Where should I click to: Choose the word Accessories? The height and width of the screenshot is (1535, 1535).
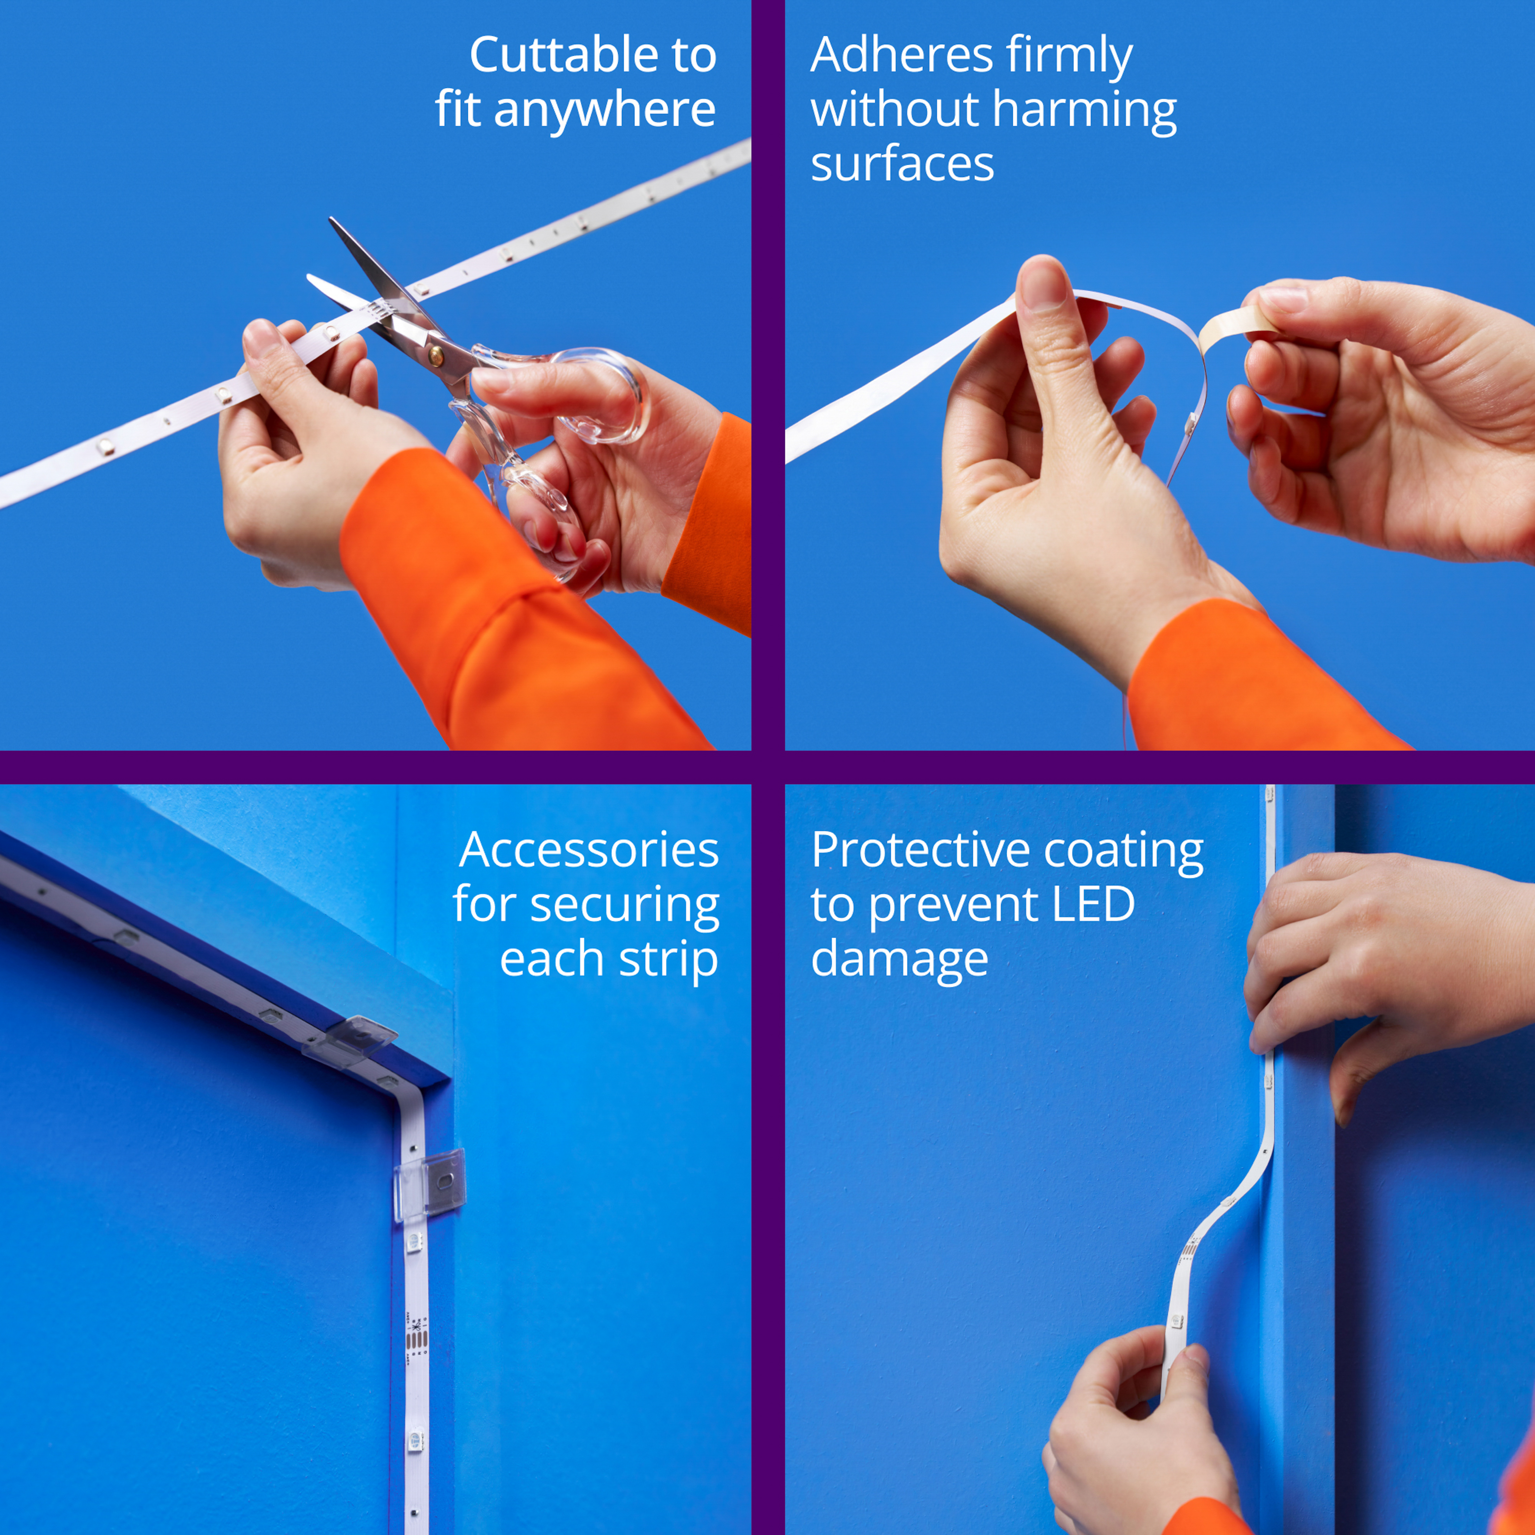coord(589,849)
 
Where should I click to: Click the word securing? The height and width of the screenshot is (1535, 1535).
coord(625,905)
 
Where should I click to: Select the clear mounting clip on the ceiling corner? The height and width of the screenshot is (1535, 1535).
coord(350,1040)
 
